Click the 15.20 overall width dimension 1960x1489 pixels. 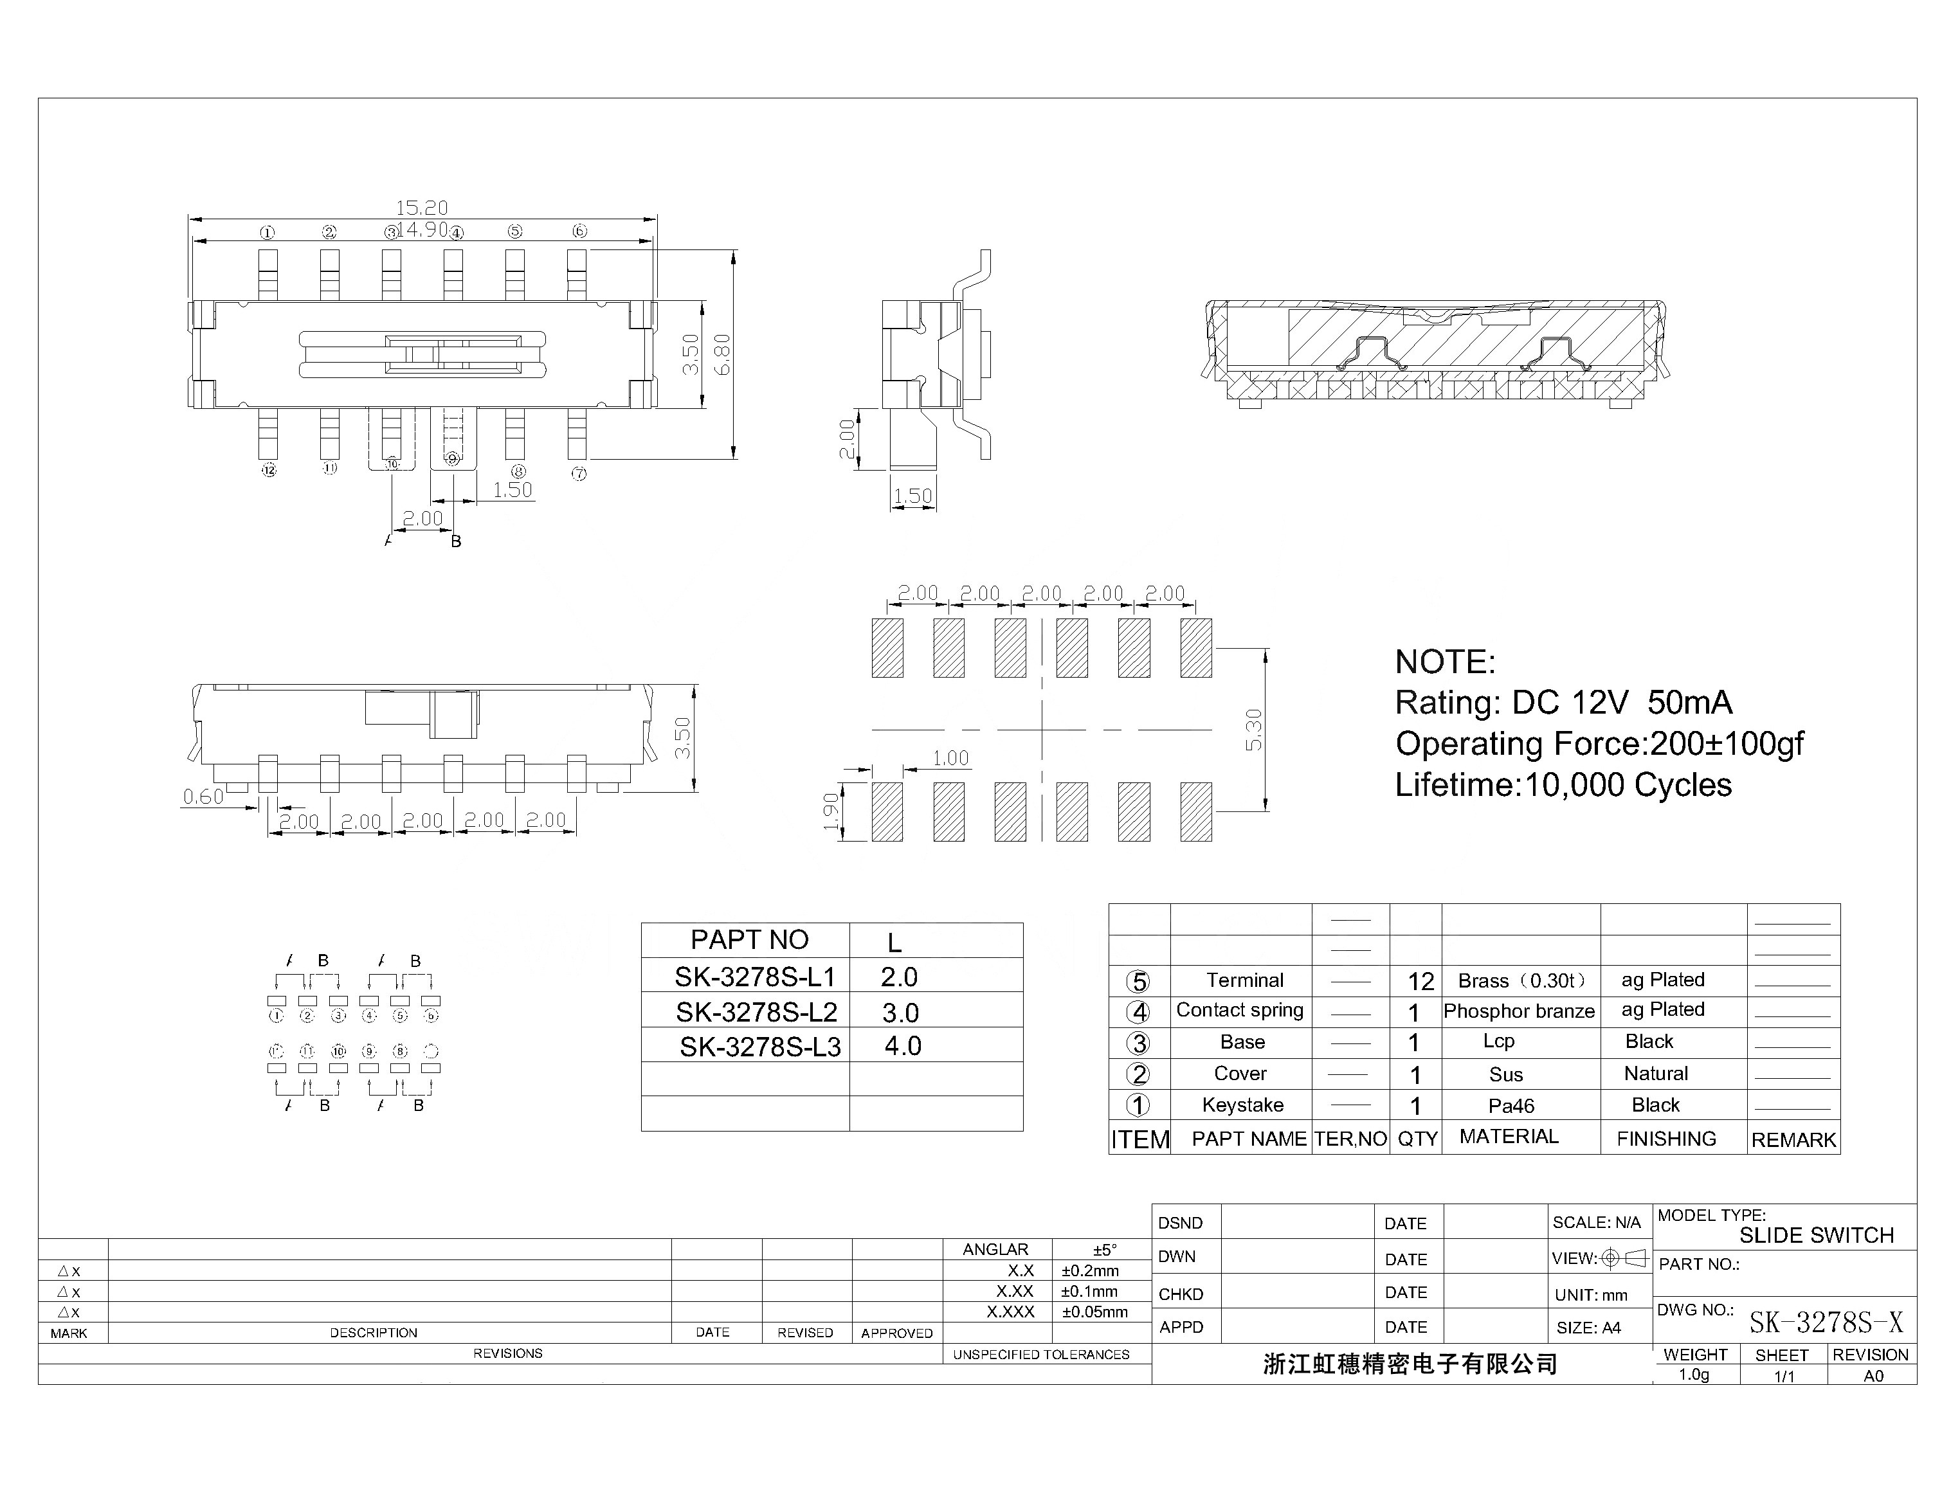(421, 208)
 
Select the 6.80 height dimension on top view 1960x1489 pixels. (723, 354)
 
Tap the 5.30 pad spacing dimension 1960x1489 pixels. (1253, 730)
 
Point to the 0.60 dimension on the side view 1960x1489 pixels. (203, 797)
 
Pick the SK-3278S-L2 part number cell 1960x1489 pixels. (756, 1011)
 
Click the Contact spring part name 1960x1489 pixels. (1239, 1011)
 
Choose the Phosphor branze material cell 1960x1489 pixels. (1518, 1011)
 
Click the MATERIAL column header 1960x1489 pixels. (1508, 1137)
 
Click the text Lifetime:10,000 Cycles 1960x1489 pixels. (1563, 785)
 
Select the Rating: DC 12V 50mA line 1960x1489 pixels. (1563, 703)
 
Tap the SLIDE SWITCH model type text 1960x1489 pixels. (1815, 1236)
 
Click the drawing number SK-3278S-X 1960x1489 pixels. (1825, 1323)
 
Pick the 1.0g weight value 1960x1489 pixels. (1693, 1375)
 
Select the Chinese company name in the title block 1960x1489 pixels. (1410, 1364)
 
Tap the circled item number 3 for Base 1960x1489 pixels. (1138, 1043)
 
